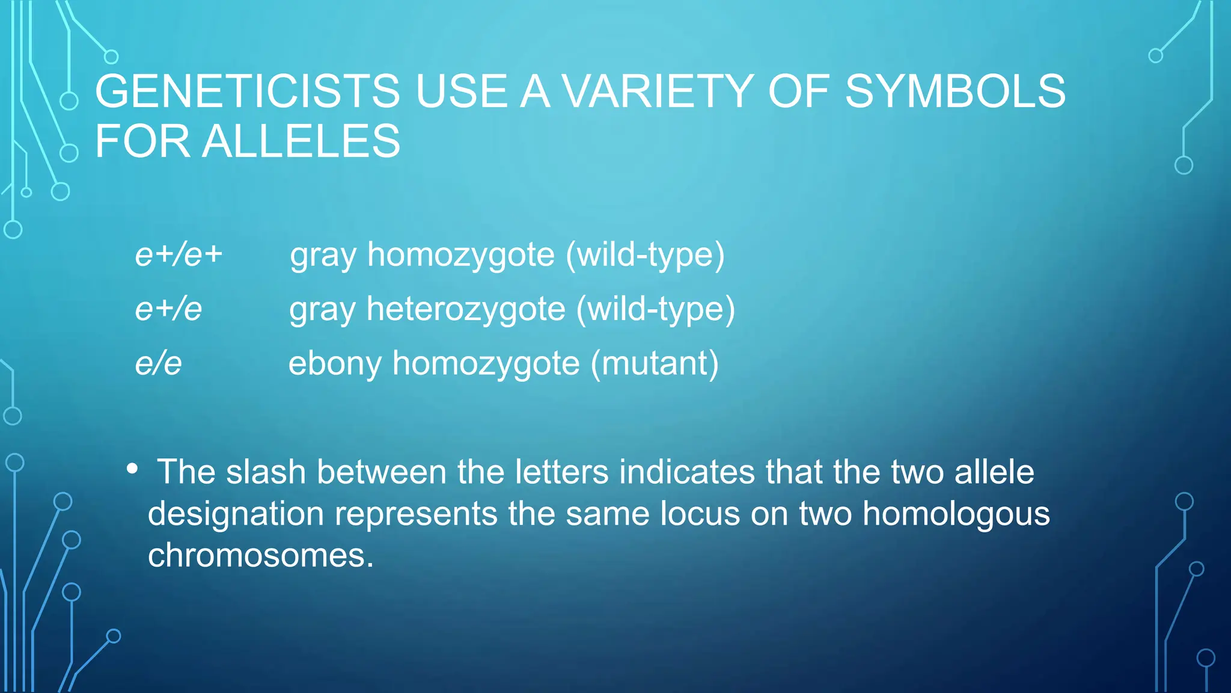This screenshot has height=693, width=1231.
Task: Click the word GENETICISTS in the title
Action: pos(247,91)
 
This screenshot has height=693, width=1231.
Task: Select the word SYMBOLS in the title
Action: pos(955,91)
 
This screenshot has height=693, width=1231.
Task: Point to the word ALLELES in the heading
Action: pos(301,142)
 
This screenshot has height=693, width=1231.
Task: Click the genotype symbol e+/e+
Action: pos(179,254)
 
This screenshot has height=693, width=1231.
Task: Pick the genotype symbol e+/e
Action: pos(168,309)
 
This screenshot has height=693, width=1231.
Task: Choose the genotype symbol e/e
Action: pos(158,363)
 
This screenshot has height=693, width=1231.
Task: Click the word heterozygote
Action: pos(466,309)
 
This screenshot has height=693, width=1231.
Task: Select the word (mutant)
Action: pos(655,363)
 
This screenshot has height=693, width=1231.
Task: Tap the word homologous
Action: pos(956,514)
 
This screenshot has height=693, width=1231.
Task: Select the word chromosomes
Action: pos(260,555)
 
